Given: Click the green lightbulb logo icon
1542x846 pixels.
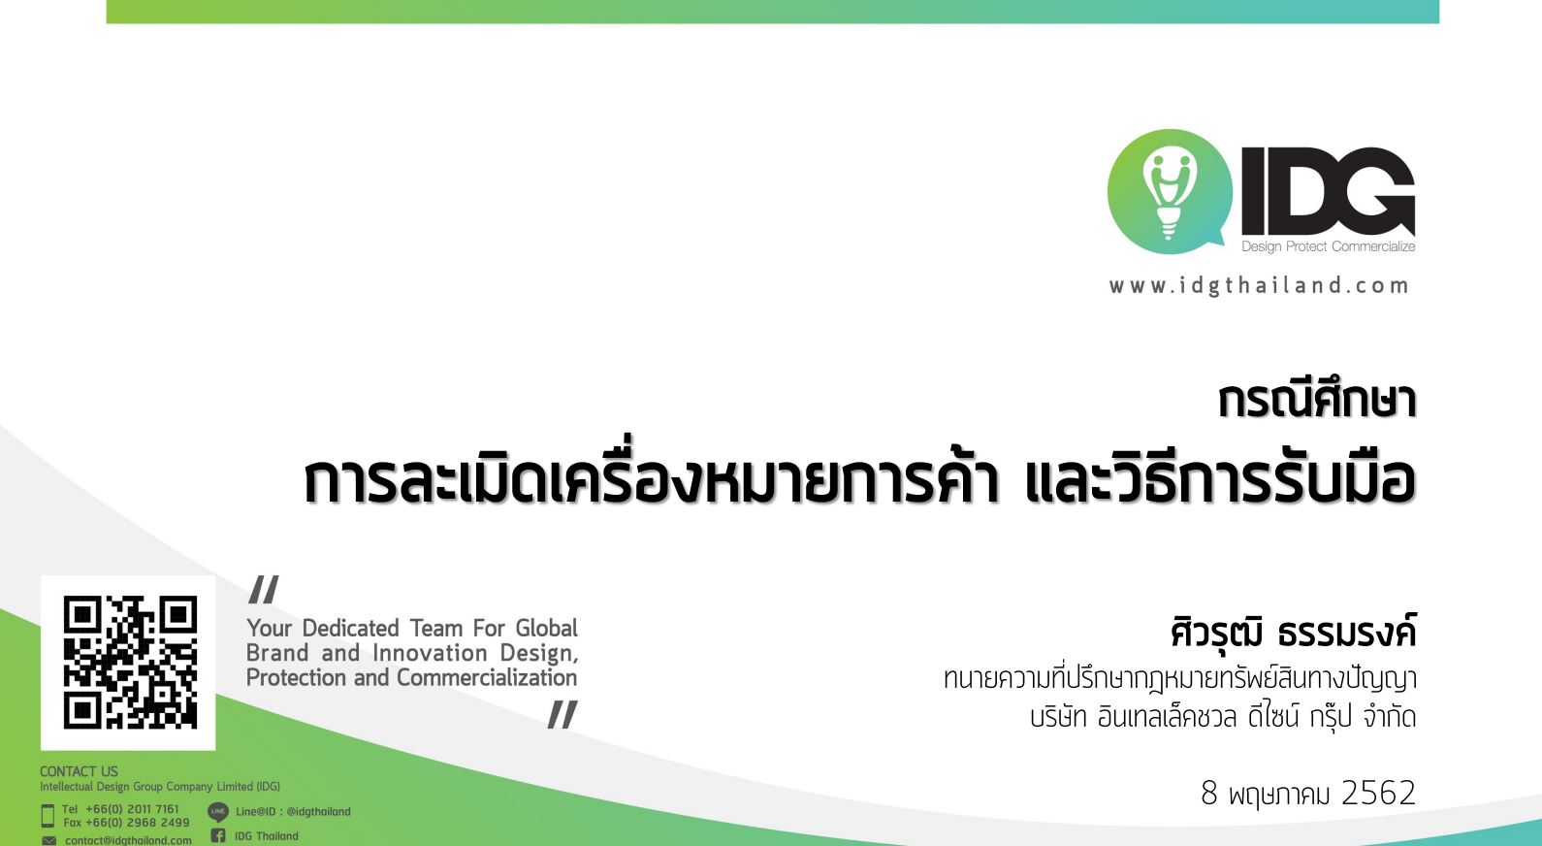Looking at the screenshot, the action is pos(1169,191).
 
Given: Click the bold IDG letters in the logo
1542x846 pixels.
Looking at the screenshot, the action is pos(1328,191).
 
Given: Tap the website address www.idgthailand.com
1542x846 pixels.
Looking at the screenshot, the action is pos(1259,286).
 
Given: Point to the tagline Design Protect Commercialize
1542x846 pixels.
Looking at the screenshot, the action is pos(1328,246).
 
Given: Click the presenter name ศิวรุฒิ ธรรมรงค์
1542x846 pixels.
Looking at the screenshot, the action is pos(1293,631).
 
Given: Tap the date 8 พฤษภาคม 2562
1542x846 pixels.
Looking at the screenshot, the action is pos(1308,793).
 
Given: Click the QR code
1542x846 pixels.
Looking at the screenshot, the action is pos(129,662).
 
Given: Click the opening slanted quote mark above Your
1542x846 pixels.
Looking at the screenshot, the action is pos(264,589).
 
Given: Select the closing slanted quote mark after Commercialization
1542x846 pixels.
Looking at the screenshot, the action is pos(562,714).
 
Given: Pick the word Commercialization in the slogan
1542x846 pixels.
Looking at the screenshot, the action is pos(487,678).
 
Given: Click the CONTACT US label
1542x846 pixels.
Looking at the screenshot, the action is pos(79,771).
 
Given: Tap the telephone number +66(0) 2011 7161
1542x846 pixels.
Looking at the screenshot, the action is pos(132,809).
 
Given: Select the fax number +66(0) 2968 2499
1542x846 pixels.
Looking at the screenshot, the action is pos(137,823).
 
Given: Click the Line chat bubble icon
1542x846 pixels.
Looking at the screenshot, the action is pos(217,811).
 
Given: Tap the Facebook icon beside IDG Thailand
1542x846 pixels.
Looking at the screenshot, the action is pos(218,835).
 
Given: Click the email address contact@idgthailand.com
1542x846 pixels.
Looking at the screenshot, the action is pos(128,840).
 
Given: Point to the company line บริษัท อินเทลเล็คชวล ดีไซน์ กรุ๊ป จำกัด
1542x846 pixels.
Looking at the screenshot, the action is pos(1223,718).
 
